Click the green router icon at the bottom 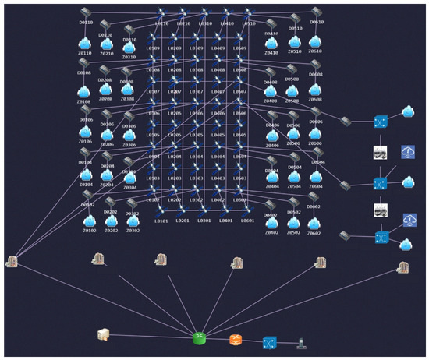point(200,338)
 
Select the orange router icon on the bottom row point(236,340)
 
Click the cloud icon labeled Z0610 point(314,41)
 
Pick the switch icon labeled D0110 point(87,12)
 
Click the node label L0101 point(161,221)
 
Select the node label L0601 point(247,221)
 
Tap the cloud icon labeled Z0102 point(89,221)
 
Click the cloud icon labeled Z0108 point(83,90)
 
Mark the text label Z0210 point(107,54)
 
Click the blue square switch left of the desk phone point(269,341)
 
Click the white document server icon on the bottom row point(102,335)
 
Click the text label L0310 point(205,24)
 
